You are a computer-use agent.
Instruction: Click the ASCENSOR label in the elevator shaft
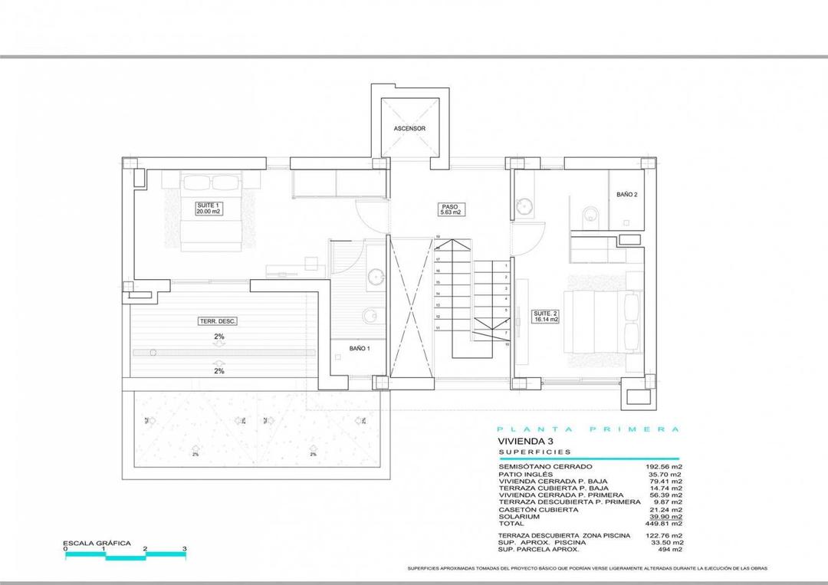tap(409, 129)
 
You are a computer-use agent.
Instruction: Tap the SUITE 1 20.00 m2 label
tap(209, 209)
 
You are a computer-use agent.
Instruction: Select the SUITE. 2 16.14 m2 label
tap(545, 316)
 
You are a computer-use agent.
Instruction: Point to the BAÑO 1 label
tap(360, 348)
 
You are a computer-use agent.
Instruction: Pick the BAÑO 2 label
tap(626, 195)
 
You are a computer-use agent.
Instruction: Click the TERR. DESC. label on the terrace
tap(218, 321)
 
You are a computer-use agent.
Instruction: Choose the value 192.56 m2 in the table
tap(665, 467)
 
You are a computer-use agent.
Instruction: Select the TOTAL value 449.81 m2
tap(665, 524)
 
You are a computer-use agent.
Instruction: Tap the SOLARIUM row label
tap(518, 517)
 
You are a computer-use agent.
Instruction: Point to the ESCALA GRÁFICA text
tap(97, 543)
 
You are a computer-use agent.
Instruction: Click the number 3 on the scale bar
tap(185, 550)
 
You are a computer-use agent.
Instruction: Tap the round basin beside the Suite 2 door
tap(525, 205)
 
